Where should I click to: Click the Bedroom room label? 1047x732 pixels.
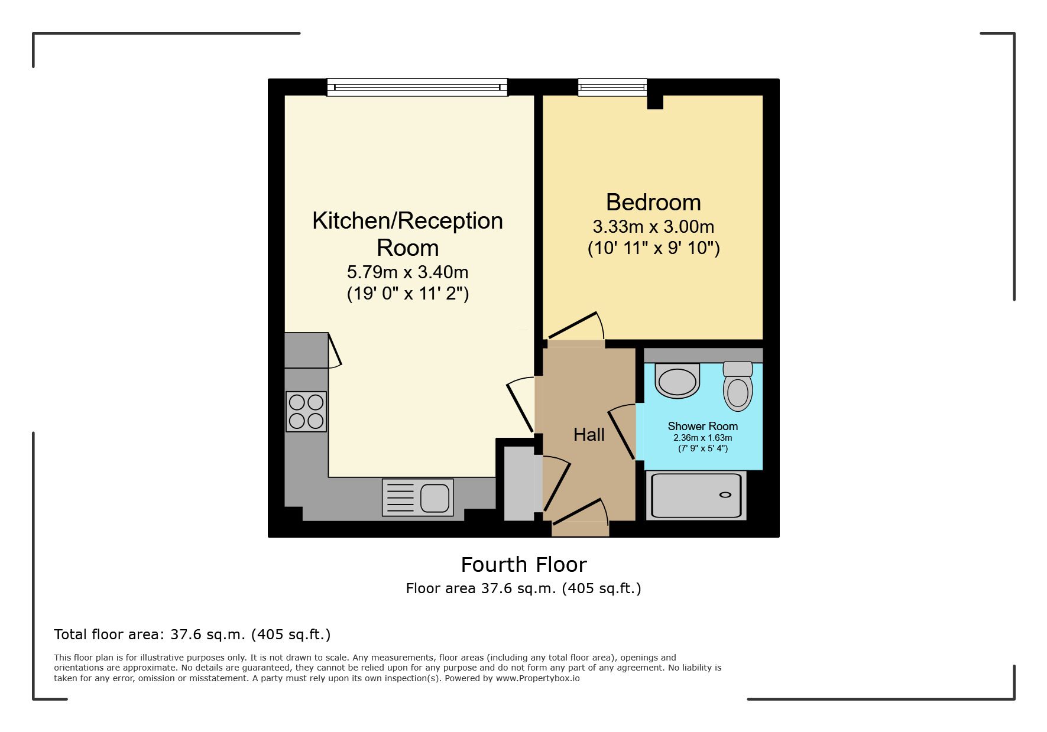click(x=653, y=203)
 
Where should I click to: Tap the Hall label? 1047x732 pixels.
click(x=589, y=435)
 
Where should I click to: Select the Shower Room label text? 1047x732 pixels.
click(x=702, y=426)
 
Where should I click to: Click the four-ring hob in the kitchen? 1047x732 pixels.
click(x=306, y=412)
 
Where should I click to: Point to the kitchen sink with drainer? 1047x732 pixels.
click(x=417, y=497)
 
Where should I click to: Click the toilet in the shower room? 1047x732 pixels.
click(x=738, y=387)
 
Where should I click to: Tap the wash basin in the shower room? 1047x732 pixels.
click(x=678, y=381)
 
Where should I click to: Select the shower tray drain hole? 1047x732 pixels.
click(x=725, y=495)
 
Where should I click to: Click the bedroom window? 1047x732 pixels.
click(x=612, y=87)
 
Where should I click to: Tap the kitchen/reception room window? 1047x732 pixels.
click(x=417, y=87)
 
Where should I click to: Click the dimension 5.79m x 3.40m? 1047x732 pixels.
click(x=407, y=272)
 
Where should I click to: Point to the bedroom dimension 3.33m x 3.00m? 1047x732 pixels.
click(x=653, y=227)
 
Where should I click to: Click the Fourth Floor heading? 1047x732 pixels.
click(x=524, y=565)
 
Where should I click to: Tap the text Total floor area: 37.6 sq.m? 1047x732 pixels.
click(x=192, y=635)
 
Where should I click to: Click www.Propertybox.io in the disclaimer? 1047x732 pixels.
click(x=537, y=678)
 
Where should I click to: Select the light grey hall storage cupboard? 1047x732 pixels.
click(x=518, y=483)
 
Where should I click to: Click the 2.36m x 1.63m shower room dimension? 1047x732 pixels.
click(x=702, y=438)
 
